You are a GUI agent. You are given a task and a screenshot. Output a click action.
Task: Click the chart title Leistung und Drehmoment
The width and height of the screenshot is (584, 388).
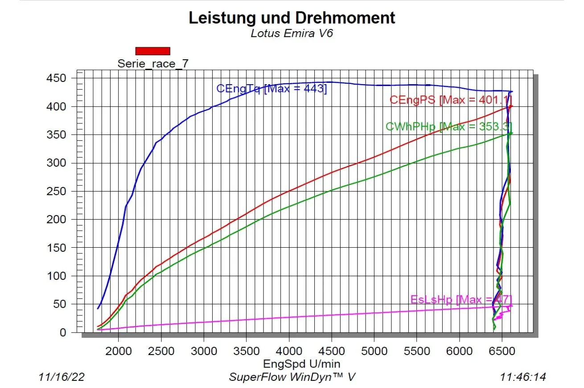(x=292, y=18)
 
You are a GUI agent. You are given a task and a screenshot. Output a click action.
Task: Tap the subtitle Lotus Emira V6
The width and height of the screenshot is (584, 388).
(x=292, y=33)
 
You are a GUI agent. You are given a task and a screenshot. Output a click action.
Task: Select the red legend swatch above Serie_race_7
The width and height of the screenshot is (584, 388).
(x=152, y=51)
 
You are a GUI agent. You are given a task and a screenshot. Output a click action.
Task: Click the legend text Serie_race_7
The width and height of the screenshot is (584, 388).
(x=153, y=63)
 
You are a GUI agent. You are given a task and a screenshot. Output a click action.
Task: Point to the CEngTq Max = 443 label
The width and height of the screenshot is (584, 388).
(x=271, y=89)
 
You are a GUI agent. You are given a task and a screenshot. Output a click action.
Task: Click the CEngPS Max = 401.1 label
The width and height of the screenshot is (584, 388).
(x=450, y=100)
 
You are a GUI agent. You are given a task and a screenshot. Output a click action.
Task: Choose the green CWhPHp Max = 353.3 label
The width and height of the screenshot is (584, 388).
(x=448, y=127)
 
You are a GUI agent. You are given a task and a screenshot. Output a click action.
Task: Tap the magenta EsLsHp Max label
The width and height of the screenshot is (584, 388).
(x=461, y=299)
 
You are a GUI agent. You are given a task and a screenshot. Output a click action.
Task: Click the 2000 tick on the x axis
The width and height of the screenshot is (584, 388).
(x=119, y=351)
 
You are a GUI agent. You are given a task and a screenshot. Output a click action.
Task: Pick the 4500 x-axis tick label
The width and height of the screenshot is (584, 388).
(x=331, y=351)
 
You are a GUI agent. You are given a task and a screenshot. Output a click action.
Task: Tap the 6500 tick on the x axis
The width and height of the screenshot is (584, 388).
(x=502, y=351)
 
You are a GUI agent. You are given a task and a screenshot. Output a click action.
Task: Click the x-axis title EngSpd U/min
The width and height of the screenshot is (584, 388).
(x=301, y=363)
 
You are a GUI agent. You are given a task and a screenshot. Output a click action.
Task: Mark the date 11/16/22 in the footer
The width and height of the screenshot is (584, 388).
(x=62, y=377)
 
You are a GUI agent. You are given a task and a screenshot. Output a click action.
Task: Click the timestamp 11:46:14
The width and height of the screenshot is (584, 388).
(x=522, y=377)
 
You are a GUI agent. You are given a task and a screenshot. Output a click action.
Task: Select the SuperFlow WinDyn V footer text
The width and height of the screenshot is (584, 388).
(x=292, y=377)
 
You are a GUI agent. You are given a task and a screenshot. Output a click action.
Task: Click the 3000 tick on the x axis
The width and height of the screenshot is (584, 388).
(x=204, y=351)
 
